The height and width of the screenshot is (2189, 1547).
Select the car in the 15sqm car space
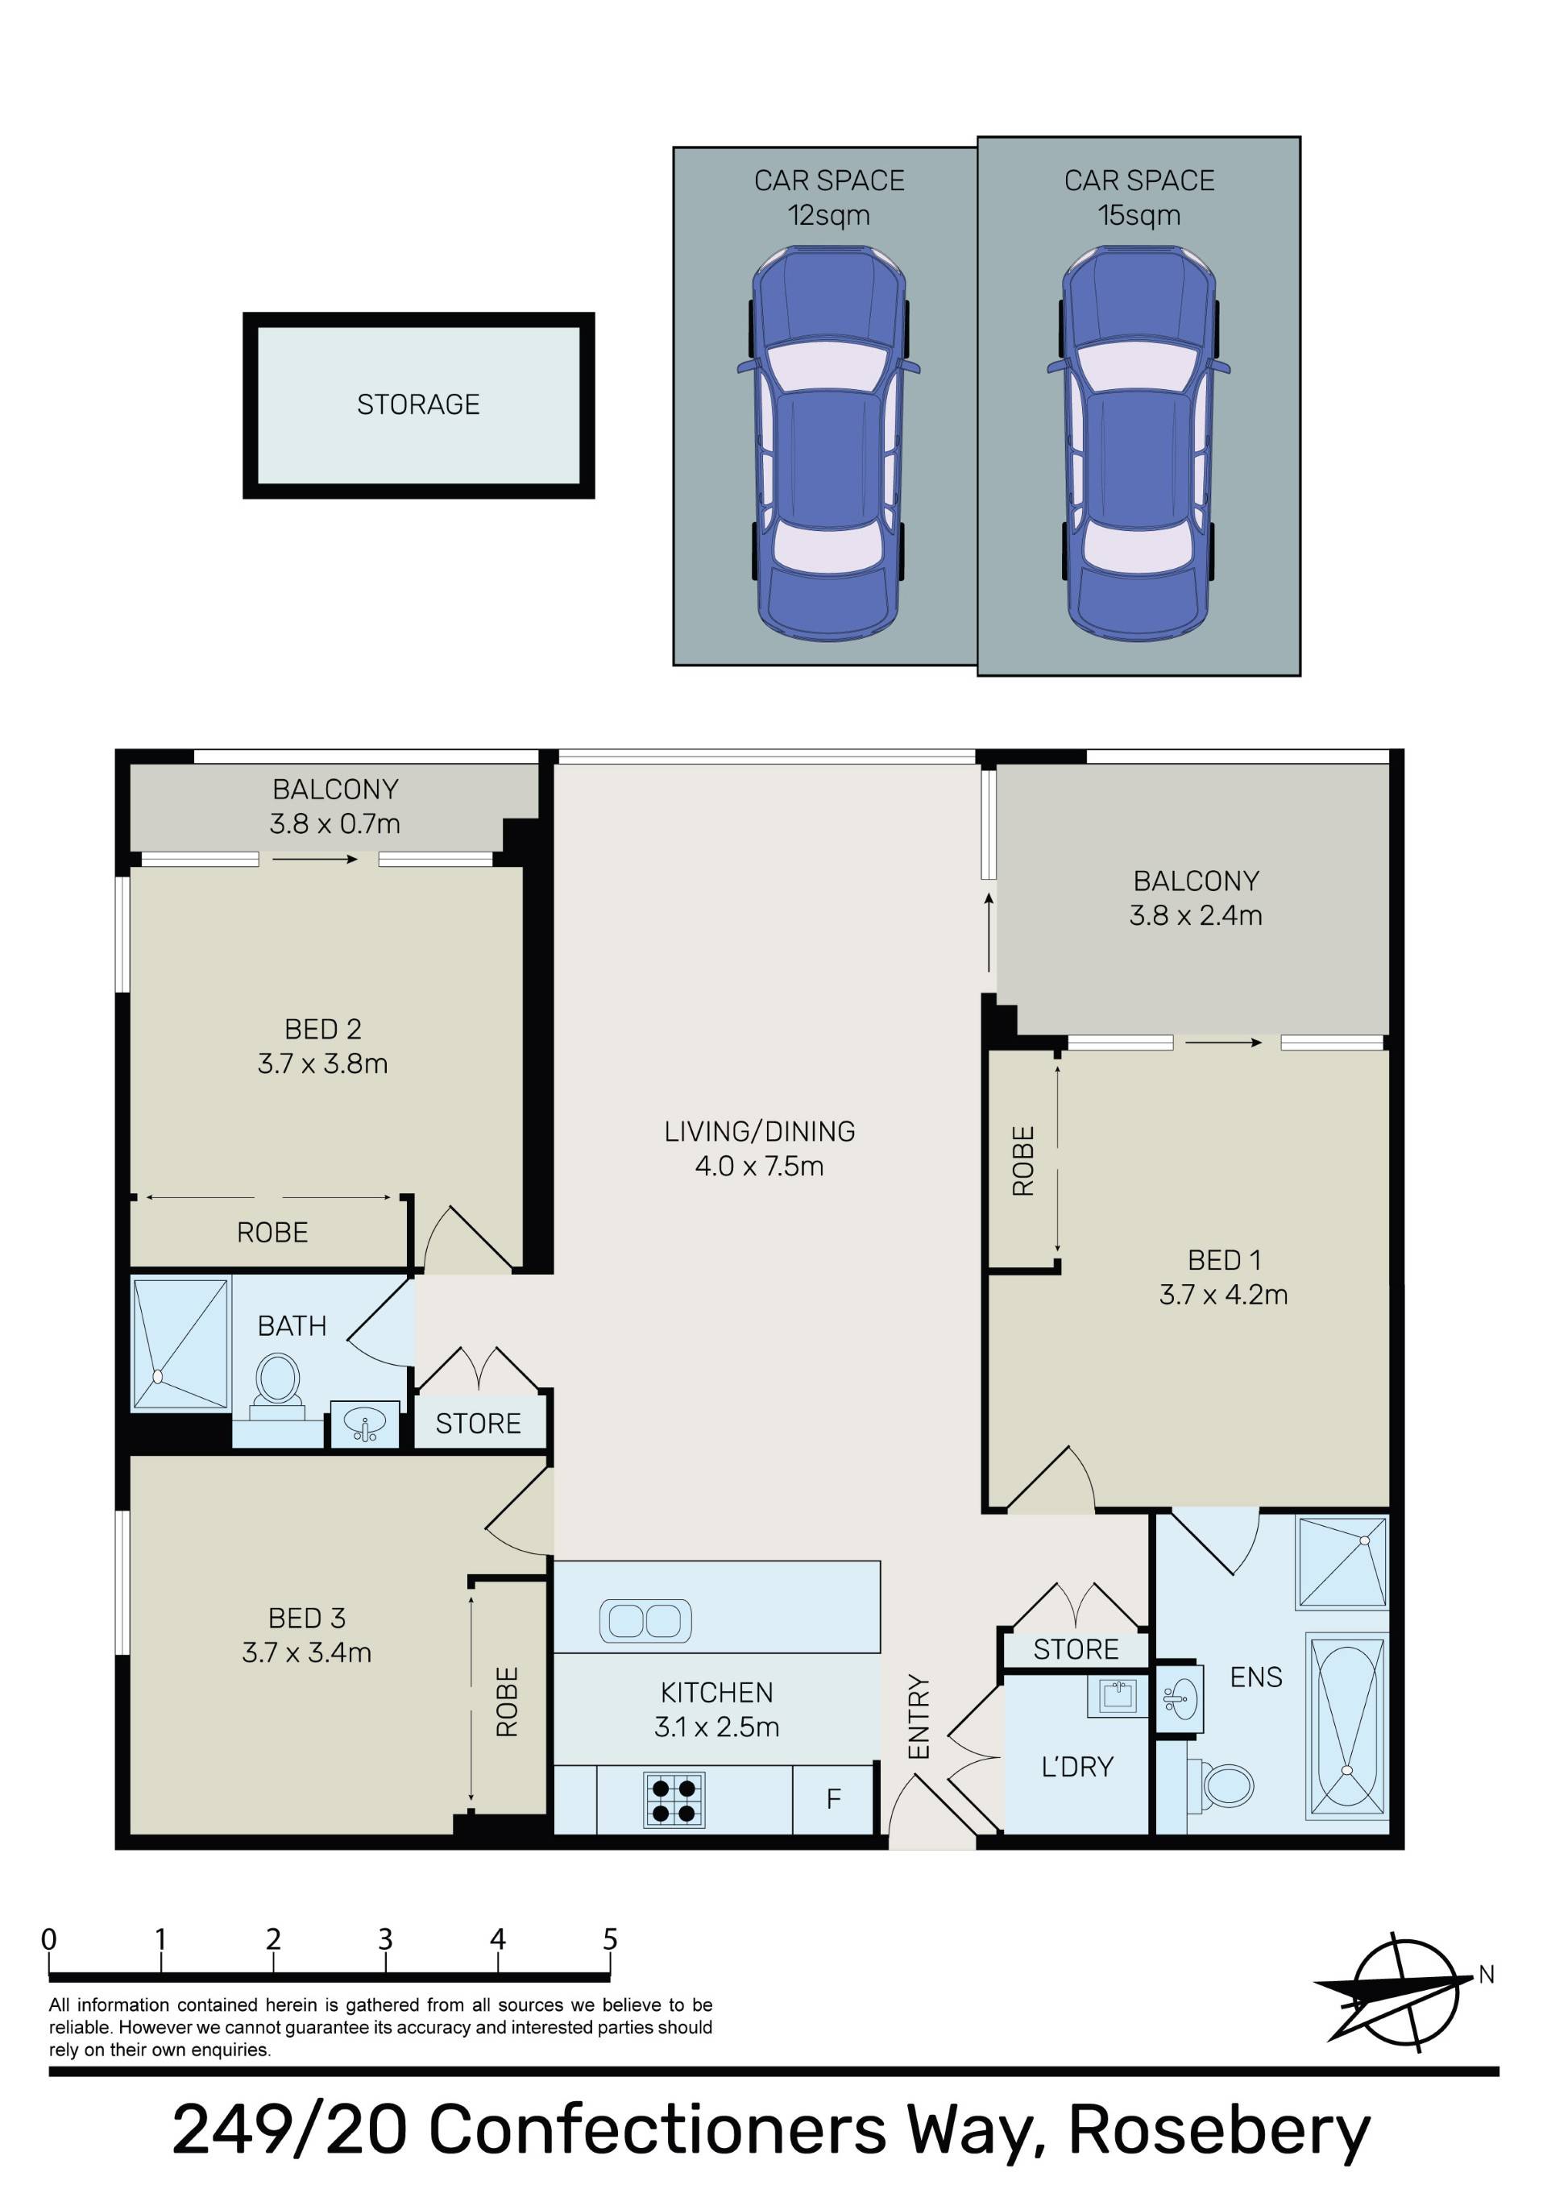(x=1138, y=443)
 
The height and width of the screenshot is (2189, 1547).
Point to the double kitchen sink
(x=645, y=1621)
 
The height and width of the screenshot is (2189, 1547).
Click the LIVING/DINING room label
(x=759, y=1132)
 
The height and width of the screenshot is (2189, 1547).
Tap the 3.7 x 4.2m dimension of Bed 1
(x=1224, y=1295)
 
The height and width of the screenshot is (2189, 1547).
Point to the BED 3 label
(x=307, y=1618)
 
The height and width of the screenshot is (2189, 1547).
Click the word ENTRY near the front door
(x=918, y=1716)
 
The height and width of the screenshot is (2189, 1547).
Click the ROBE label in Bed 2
(x=273, y=1233)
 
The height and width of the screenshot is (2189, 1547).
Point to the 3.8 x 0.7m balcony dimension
(x=334, y=823)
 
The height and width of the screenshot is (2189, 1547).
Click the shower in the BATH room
(x=180, y=1343)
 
